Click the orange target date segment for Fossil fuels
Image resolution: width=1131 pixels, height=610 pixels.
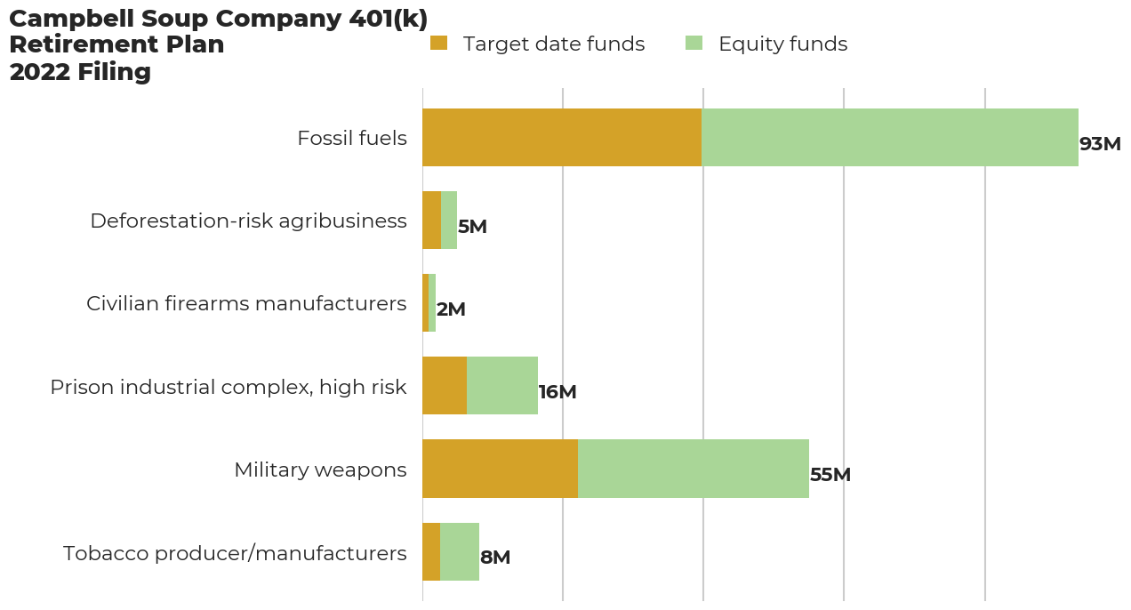562,138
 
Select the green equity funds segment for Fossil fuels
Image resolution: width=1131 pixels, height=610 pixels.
890,138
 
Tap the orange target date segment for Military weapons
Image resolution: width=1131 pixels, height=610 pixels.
500,469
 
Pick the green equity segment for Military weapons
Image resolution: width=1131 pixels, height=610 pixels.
694,469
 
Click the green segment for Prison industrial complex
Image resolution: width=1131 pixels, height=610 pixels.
502,386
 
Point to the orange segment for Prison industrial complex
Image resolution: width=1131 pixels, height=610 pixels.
445,386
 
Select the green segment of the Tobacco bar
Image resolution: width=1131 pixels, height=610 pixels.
460,551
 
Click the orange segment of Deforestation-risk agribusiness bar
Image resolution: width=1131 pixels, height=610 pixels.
431,220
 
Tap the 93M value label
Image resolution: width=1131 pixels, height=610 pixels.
1100,144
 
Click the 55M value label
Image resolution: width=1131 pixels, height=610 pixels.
830,475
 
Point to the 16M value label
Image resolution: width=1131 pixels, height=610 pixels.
557,392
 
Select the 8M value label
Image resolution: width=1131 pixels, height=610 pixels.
495,558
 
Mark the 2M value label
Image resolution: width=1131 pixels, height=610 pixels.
451,309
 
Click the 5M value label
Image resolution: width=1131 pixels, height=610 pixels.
472,227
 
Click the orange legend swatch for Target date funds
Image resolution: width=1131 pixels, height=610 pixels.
438,43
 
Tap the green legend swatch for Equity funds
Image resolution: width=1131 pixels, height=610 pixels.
694,43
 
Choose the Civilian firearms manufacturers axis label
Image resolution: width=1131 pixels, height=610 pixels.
246,304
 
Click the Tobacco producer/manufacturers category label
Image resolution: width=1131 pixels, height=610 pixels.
235,553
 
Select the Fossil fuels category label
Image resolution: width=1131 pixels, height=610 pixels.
352,139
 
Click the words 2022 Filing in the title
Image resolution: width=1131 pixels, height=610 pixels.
80,72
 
